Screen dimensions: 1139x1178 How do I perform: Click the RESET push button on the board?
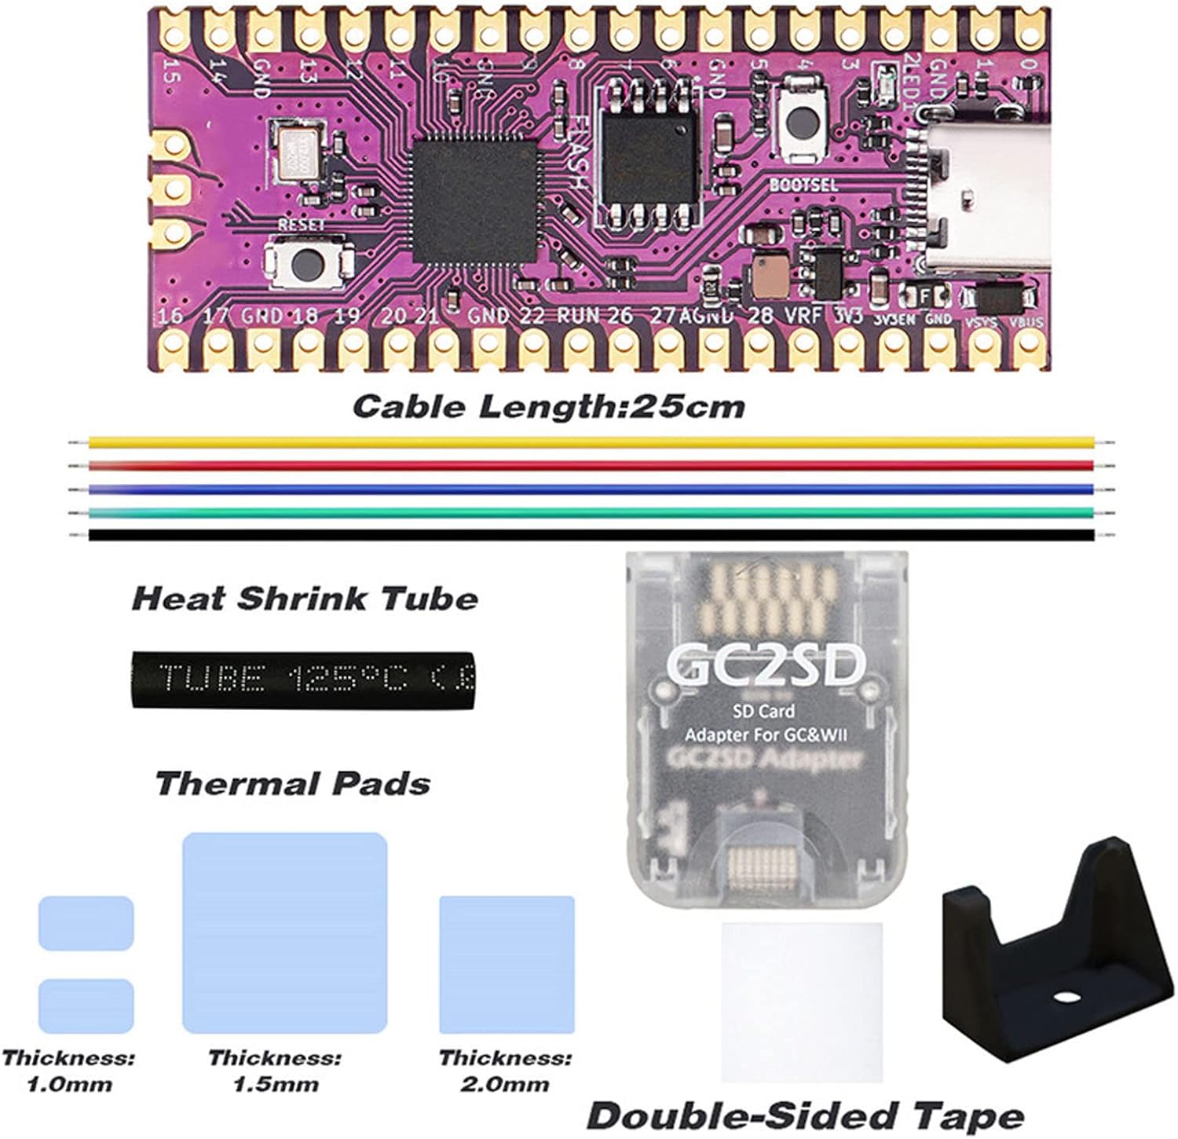307,264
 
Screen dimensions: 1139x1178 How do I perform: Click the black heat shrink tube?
303,679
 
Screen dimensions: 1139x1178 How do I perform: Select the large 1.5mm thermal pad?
284,933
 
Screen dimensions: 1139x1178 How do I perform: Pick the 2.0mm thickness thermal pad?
507,964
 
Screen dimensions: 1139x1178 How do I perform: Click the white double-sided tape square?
802,1002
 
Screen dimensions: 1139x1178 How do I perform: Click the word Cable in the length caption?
409,407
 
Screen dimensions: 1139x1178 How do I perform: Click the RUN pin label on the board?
578,316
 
